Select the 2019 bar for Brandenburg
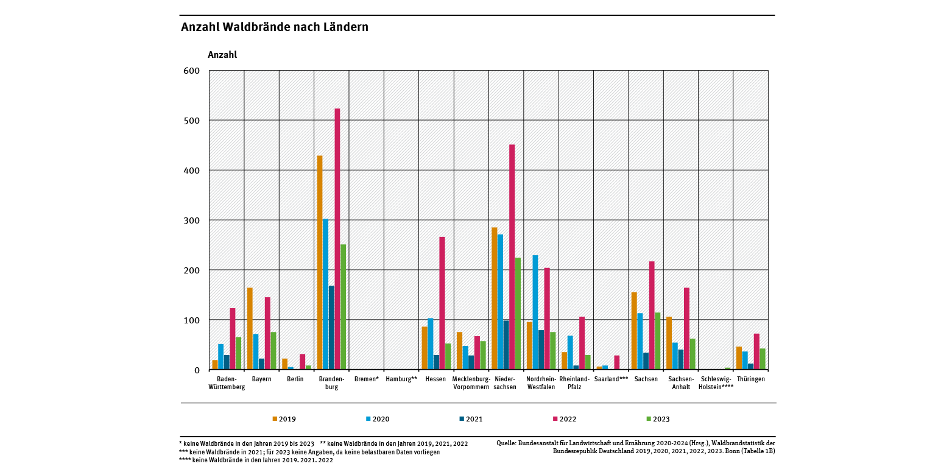coord(320,262)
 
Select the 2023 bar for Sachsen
coord(657,341)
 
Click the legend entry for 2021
coord(470,419)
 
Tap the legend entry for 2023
coord(657,419)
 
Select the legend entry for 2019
coord(284,419)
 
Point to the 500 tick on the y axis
coord(192,121)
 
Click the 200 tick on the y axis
coord(192,270)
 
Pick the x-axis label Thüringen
coord(750,379)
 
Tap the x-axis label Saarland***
coord(611,379)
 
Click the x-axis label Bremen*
coord(366,379)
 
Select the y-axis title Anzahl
coord(222,55)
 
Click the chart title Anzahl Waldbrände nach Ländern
coord(275,27)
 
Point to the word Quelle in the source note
coord(507,443)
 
